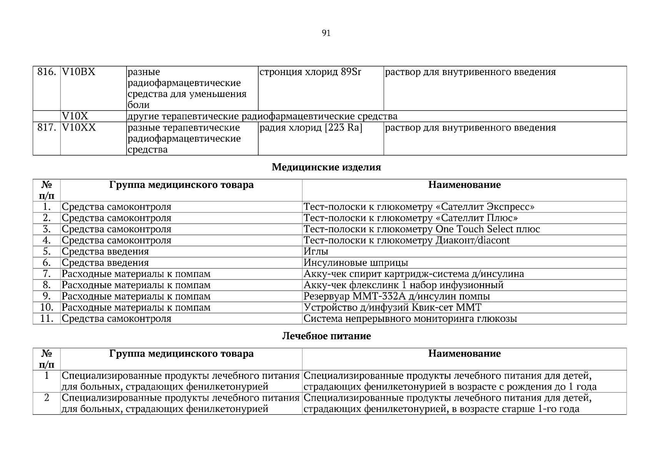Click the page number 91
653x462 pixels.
coord(326,33)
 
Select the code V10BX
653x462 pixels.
coord(78,72)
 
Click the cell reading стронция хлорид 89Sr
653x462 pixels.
coord(311,72)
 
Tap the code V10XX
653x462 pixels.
coord(79,127)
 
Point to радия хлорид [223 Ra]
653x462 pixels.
coord(311,127)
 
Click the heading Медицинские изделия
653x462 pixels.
coord(326,167)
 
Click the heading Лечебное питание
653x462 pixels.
coord(326,336)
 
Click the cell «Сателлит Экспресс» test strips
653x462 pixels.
coord(419,207)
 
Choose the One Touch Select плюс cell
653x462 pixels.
coord(422,229)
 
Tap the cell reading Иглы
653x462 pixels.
coord(316,251)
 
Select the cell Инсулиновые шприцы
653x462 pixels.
coord(356,263)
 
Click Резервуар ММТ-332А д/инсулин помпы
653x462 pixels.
coord(397,296)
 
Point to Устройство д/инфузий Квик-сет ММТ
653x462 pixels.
coord(392,307)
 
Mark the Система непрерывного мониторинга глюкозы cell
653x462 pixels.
coord(410,318)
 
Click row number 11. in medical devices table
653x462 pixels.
coord(47,318)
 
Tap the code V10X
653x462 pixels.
coord(75,116)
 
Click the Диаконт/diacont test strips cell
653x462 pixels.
coord(407,240)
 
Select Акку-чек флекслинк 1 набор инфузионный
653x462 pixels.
coord(404,285)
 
